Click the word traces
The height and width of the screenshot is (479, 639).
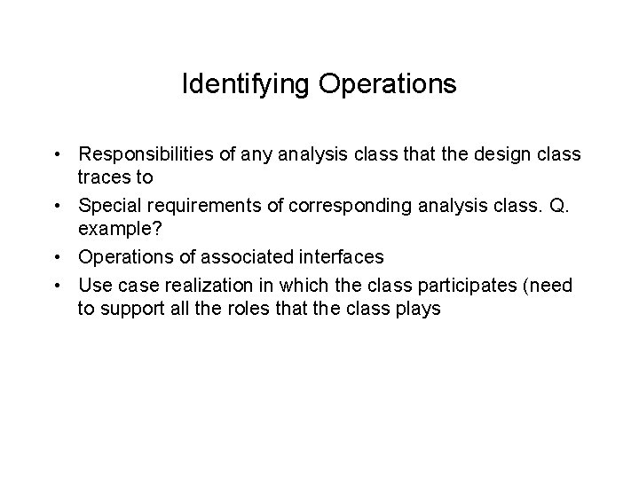coord(104,177)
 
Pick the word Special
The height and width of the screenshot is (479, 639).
coord(108,207)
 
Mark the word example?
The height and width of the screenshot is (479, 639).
coord(115,228)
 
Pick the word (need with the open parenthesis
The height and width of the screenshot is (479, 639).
coord(544,285)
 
